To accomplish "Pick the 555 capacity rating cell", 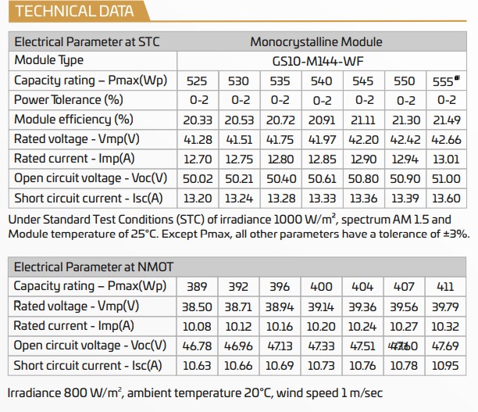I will pyautogui.click(x=446, y=81).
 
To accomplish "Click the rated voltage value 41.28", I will pyautogui.click(x=196, y=139).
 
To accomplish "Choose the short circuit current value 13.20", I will pyautogui.click(x=196, y=198).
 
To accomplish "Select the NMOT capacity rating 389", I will pyautogui.click(x=196, y=286).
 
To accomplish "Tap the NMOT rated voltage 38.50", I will pyautogui.click(x=196, y=306).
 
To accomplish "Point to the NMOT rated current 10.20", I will pyautogui.click(x=321, y=326).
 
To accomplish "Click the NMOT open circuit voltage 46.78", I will pyautogui.click(x=196, y=346).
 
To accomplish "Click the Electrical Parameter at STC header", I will pyautogui.click(x=87, y=41).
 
